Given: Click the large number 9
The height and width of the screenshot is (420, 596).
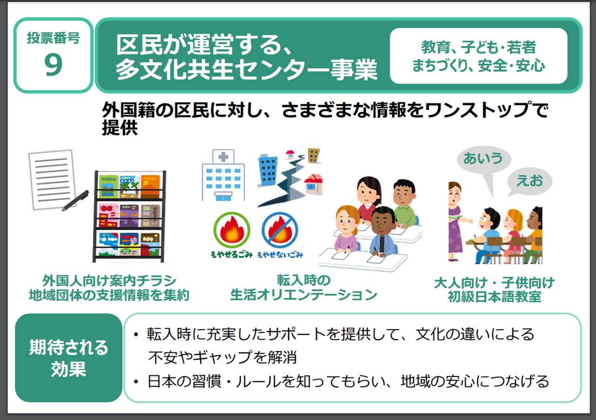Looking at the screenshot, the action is click(53, 64).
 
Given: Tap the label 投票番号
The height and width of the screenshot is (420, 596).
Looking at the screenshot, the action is click(53, 38).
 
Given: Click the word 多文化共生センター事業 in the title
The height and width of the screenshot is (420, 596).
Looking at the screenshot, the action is click(246, 70).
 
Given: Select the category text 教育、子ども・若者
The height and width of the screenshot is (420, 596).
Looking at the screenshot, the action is click(478, 47).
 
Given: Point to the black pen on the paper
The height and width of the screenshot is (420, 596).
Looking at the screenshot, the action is click(75, 200).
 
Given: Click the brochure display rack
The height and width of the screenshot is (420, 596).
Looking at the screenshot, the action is click(129, 216).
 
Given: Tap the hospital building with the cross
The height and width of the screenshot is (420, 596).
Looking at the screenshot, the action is click(223, 175).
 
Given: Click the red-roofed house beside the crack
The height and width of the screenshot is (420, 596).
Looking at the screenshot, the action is click(313, 183).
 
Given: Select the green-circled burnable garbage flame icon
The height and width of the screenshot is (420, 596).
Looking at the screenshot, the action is click(232, 230).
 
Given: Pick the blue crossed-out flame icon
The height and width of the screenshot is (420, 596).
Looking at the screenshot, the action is click(280, 230).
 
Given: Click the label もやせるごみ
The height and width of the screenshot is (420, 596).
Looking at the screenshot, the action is click(231, 255).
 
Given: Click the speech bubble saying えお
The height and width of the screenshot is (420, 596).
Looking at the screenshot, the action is click(529, 182).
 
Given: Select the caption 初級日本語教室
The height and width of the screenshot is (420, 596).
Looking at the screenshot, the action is click(494, 297).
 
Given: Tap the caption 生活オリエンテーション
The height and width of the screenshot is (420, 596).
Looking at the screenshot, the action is click(304, 295).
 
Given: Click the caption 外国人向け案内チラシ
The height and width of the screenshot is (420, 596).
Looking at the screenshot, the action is click(109, 280).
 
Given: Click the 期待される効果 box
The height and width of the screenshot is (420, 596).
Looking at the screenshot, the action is click(68, 358).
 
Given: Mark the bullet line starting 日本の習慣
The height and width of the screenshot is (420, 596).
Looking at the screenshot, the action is click(341, 381).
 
